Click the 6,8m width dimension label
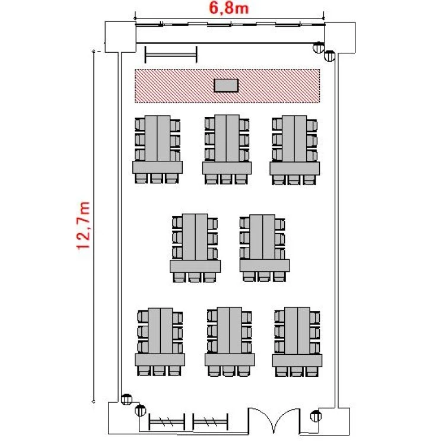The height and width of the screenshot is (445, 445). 229,8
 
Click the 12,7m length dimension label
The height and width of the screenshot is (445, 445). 84,225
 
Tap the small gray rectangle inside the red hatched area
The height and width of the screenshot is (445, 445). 226,85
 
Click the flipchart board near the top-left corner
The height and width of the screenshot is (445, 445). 171,55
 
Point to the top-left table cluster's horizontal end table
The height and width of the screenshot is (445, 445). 157,167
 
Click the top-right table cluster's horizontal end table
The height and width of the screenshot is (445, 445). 294,169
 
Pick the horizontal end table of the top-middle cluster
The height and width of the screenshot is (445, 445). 227,168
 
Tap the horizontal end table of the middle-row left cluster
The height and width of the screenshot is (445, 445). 195,266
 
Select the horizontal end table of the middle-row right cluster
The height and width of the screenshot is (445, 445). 265,266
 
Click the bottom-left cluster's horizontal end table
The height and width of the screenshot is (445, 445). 160,360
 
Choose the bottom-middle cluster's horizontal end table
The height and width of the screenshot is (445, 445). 230,360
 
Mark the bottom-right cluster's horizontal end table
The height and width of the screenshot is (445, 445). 297,360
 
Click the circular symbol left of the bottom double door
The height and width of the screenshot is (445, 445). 140,411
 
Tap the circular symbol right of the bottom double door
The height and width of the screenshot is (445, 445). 316,416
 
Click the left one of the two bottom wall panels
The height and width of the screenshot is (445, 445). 167,422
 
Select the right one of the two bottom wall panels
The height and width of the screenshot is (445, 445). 210,422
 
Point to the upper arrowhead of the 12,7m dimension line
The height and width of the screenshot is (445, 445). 93,52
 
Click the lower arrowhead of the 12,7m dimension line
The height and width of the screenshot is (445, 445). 93,401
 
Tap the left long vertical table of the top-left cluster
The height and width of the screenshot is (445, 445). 151,138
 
